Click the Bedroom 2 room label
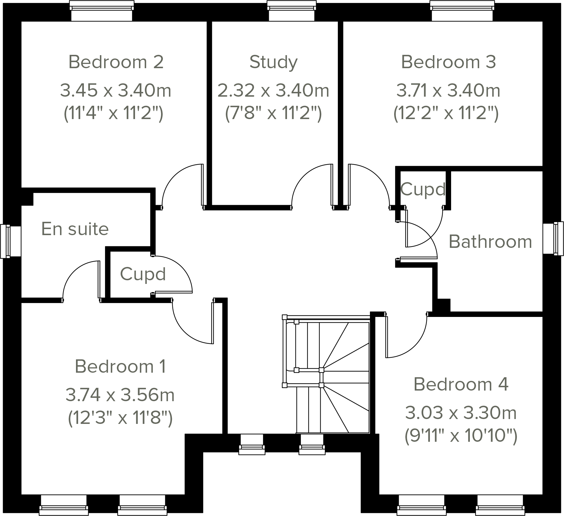coord(116,62)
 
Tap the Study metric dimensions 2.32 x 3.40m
coord(273,91)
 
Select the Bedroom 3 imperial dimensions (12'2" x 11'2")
coord(446,114)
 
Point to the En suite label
coord(75,229)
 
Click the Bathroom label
coord(490,242)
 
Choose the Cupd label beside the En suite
coord(143,275)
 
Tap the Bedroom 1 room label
coord(120,367)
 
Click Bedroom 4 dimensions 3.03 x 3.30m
coord(460,413)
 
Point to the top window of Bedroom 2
coord(101,11)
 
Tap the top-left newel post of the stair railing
coord(284,317)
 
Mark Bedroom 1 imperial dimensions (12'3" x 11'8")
coord(120,418)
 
